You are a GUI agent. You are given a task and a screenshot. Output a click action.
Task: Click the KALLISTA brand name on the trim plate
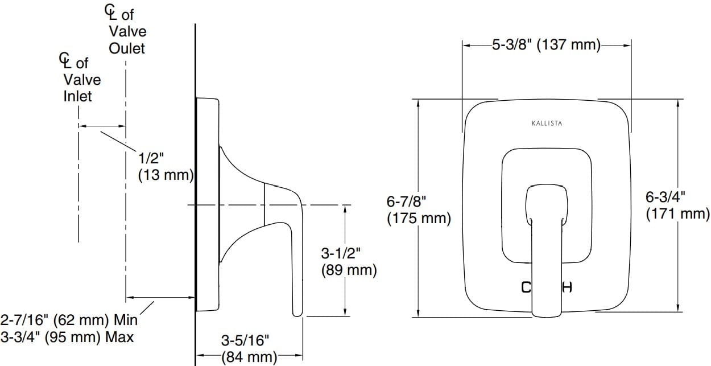547,123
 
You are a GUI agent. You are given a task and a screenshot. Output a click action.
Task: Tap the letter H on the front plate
567,287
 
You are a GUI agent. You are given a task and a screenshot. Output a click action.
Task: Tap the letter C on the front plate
526,287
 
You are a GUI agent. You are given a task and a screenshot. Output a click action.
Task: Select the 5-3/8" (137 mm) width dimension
547,45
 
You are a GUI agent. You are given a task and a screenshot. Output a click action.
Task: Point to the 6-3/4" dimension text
665,197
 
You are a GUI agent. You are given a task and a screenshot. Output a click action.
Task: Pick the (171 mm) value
677,214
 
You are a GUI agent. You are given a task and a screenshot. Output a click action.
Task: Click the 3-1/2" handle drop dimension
341,253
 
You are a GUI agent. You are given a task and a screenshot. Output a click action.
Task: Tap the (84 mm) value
249,357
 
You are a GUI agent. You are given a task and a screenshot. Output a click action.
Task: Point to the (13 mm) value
166,175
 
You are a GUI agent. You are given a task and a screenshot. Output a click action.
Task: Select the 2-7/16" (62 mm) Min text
69,319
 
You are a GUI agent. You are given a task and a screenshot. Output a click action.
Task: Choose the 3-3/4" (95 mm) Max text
67,336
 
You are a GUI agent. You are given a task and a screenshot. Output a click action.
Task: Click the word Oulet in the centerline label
127,48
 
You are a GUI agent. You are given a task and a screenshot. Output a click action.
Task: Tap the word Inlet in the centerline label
77,96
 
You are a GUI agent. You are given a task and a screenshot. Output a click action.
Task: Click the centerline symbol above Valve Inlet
66,60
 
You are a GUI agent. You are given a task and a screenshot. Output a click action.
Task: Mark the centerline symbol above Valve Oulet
111,12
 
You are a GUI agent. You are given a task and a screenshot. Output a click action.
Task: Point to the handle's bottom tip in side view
297,312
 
